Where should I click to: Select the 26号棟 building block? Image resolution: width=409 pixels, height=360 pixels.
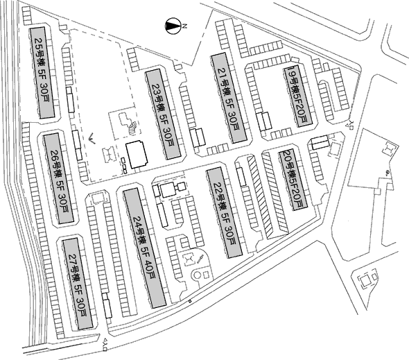[x=58, y=178]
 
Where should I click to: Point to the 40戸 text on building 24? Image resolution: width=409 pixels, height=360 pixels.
[x=150, y=272]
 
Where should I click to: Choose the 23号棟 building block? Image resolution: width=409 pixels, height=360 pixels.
[x=163, y=114]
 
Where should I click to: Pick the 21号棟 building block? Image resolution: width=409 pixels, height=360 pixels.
[x=229, y=98]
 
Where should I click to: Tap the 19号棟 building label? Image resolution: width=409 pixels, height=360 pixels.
[x=292, y=80]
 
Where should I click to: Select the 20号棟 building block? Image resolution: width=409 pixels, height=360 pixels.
[x=293, y=180]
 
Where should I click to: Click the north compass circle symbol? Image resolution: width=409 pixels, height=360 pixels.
[x=173, y=26]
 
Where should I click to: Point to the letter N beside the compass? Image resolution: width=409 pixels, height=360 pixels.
[x=185, y=26]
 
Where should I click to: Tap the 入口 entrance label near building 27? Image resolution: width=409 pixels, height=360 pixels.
[x=105, y=341]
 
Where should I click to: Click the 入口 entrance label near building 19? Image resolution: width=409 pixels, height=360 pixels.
[x=351, y=125]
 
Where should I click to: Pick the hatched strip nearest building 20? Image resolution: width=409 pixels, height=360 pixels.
[x=275, y=193]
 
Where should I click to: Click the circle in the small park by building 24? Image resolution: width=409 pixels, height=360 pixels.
[x=197, y=275]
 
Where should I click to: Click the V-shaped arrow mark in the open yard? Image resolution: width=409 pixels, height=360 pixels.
[x=92, y=138]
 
